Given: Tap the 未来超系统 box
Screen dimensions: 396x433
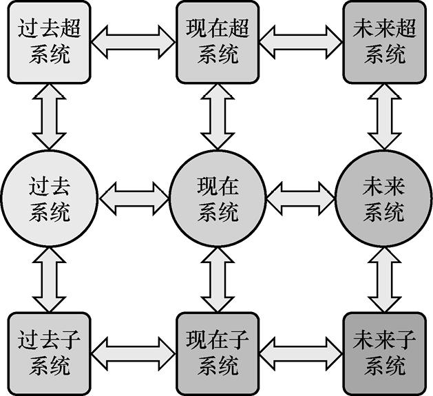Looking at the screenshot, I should point(383,41).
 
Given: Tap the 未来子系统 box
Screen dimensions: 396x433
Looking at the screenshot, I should point(383,353).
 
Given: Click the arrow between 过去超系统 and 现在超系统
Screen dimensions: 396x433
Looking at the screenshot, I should point(134,41).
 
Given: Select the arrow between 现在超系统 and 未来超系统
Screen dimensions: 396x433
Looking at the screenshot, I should point(300,41).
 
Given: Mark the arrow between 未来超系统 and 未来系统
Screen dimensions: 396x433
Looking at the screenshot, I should point(383,118).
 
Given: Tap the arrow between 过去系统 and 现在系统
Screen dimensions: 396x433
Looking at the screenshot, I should point(134,198).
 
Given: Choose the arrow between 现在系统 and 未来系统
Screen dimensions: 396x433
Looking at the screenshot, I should point(300,198).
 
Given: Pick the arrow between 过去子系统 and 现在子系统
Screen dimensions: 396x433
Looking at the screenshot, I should point(134,353).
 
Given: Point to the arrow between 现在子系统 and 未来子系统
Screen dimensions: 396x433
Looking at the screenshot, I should point(300,353).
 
